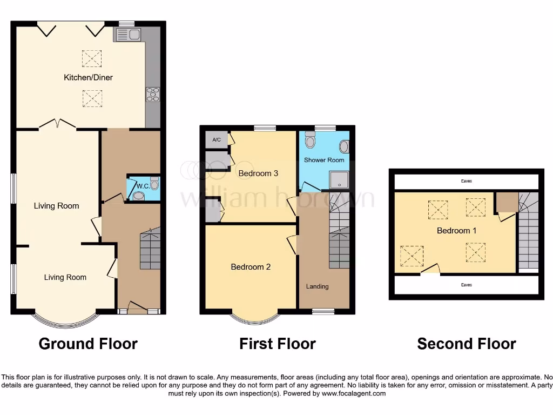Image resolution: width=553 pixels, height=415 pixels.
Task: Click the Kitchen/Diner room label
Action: [88, 77]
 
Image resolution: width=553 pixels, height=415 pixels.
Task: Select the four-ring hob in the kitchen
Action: [152, 94]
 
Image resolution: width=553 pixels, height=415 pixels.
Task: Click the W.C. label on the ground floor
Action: [143, 186]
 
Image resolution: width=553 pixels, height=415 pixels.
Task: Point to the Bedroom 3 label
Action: [258, 173]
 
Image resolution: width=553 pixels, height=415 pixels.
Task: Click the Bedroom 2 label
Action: [251, 267]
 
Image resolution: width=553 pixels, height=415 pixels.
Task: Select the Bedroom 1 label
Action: [456, 231]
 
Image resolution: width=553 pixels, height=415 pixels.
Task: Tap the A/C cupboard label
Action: [217, 140]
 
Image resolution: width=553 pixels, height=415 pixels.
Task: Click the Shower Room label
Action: [324, 160]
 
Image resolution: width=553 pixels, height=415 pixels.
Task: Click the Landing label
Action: [317, 286]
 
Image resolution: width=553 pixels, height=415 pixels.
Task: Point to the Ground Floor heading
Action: [88, 344]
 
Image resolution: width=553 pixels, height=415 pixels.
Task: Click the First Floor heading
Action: [278, 344]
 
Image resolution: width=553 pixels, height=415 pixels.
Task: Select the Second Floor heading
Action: [467, 344]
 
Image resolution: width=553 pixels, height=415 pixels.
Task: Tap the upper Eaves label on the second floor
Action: [466, 182]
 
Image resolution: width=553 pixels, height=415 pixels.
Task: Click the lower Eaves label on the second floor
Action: [466, 285]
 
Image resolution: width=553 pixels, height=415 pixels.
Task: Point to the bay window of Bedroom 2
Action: [256, 319]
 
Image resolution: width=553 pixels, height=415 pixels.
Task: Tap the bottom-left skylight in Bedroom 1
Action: [411, 256]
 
